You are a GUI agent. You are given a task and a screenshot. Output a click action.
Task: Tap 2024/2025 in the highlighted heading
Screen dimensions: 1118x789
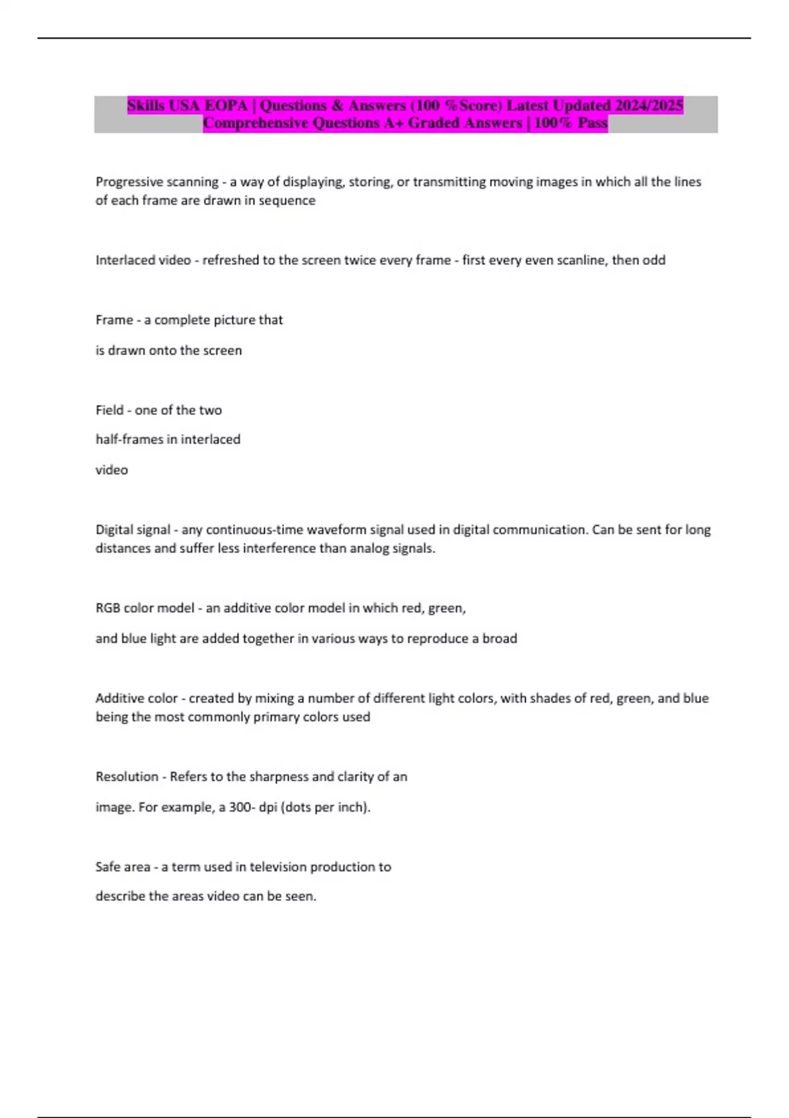point(648,105)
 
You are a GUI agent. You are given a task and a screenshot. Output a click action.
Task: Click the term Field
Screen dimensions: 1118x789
point(109,410)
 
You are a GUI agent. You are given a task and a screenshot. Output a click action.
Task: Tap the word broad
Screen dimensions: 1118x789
point(500,639)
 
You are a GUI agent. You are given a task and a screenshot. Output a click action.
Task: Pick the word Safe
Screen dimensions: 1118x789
point(108,867)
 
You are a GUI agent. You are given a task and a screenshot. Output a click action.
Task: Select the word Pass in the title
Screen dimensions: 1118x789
point(592,123)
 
